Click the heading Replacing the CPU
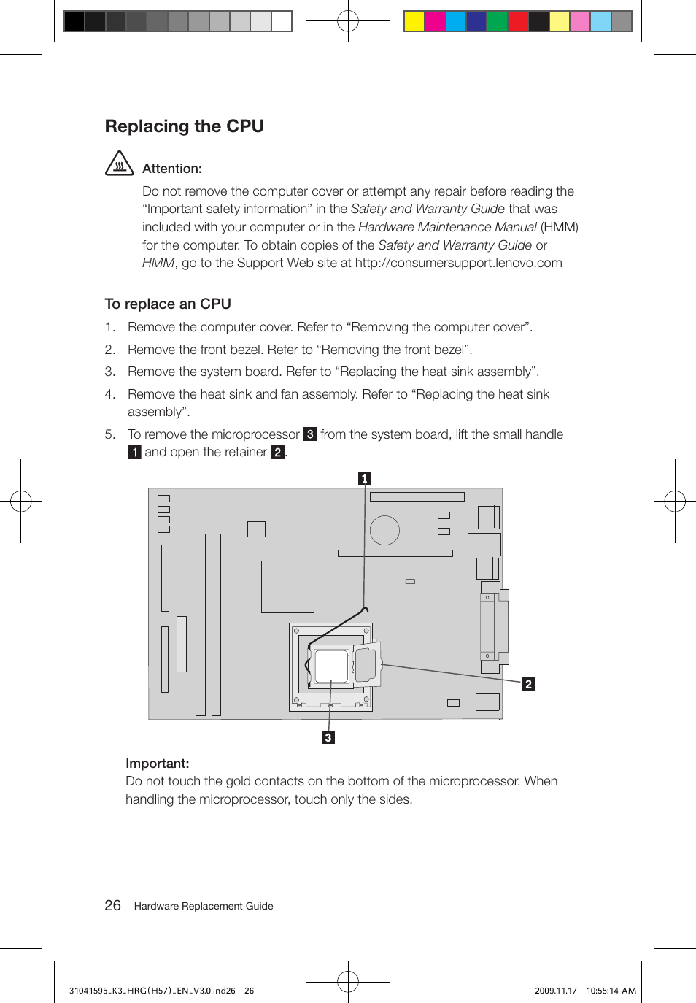(184, 126)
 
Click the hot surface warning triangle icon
(119, 164)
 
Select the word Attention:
(172, 169)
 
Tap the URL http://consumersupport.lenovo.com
(458, 263)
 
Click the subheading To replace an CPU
(168, 304)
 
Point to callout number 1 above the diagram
(365, 478)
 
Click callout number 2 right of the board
(528, 684)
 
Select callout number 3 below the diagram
(328, 737)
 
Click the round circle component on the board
(384, 530)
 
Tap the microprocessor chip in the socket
(331, 666)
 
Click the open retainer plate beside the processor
(366, 664)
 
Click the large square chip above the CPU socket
(287, 586)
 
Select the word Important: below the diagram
(158, 764)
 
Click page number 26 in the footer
(112, 905)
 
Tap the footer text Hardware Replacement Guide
(204, 906)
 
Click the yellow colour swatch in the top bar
(414, 21)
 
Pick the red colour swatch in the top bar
(518, 21)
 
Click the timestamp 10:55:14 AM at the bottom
(611, 991)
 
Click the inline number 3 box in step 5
(310, 434)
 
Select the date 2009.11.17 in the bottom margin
(555, 991)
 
